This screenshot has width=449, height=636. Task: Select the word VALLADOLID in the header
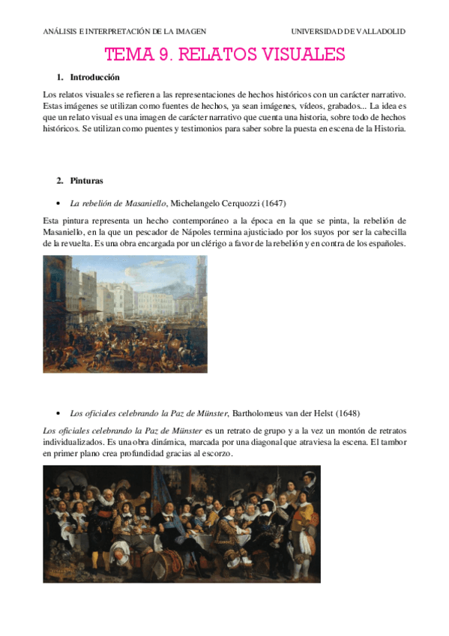pos(381,31)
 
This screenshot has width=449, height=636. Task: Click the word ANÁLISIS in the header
pos(61,31)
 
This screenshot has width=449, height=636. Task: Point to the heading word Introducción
pos(94,77)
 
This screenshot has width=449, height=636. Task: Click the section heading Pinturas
pos(86,181)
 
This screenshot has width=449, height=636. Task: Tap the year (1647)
pos(274,203)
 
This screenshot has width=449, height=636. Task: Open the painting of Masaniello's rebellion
pos(124,313)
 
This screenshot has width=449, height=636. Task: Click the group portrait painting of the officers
pos(181,523)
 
